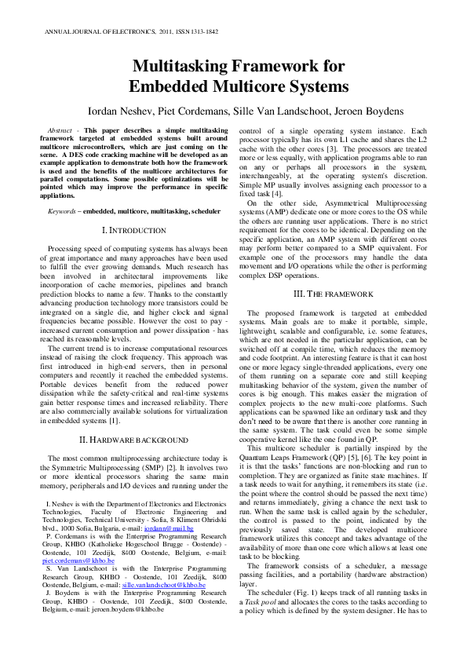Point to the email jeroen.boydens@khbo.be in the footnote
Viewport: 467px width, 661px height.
coord(117,628)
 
